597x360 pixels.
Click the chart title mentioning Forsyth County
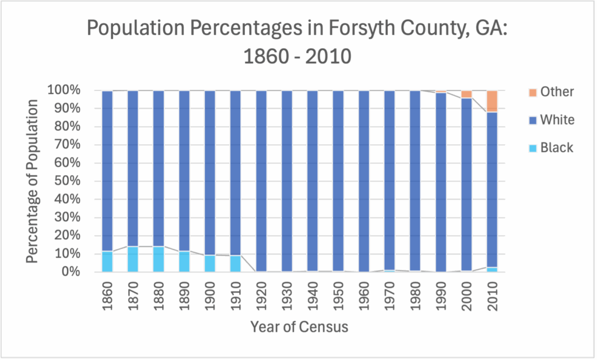tap(298, 41)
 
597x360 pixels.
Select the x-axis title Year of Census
tap(299, 327)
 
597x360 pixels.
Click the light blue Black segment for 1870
tap(133, 259)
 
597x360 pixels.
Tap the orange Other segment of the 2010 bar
tap(492, 101)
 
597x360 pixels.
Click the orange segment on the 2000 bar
tap(466, 94)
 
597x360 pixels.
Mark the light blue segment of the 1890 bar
tap(184, 261)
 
